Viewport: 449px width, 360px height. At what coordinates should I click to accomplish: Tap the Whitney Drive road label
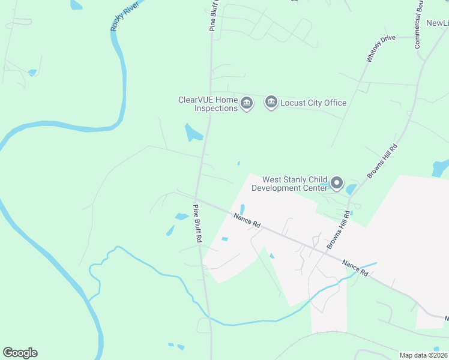coord(381,49)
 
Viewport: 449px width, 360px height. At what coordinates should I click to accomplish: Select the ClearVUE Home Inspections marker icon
coord(247,104)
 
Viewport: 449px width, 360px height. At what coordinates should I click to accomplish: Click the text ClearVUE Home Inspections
coord(208,104)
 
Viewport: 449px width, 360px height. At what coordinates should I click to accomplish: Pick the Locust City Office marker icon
coord(271,103)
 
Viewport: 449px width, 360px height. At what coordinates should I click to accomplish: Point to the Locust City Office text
coord(313,103)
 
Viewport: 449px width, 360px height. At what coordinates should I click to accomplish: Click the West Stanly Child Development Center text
coord(290,184)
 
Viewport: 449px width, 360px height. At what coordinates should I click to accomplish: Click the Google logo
coord(20,353)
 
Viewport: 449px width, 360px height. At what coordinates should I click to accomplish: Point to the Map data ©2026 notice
coord(424,355)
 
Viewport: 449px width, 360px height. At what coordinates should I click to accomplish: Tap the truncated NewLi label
coord(437,23)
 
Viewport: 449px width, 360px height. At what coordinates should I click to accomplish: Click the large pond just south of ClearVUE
coord(193,133)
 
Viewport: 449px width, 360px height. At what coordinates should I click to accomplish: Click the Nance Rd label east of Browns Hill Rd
coord(355,268)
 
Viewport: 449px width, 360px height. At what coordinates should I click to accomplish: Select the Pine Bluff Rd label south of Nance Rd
coord(197,223)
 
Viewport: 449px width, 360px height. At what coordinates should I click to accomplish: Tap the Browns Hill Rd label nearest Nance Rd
coord(337,230)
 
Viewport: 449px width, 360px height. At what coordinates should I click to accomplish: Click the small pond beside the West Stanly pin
coord(351,190)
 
